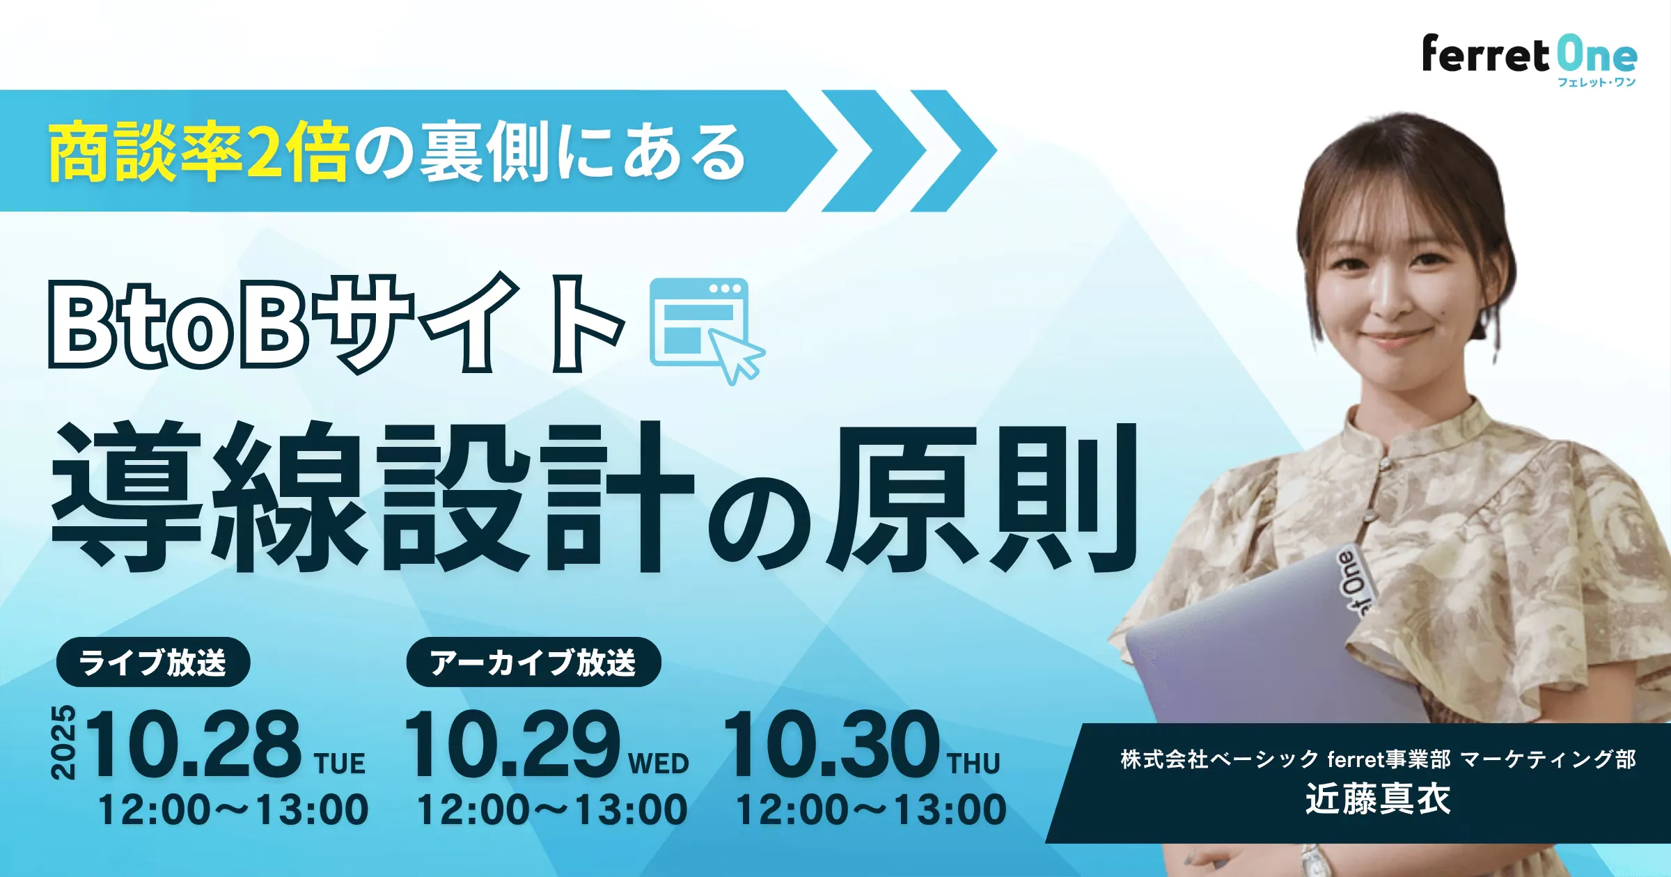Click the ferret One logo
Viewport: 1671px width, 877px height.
click(1529, 61)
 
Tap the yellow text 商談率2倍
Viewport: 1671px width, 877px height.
click(198, 152)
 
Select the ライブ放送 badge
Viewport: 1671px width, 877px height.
click(152, 662)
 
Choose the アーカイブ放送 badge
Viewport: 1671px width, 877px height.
click(533, 662)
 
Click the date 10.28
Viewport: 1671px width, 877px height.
click(194, 743)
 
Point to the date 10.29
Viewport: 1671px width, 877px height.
click(512, 743)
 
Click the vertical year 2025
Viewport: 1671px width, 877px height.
click(63, 742)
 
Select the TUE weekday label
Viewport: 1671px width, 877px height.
click(340, 764)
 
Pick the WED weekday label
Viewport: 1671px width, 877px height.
click(659, 764)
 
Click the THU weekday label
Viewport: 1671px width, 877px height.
click(974, 764)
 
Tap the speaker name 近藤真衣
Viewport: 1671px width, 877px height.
click(1378, 799)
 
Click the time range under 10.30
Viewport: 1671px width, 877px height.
click(871, 810)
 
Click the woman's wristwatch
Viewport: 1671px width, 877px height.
click(1312, 860)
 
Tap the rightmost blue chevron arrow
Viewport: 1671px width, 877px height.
click(953, 150)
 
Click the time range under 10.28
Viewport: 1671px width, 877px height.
click(233, 810)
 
